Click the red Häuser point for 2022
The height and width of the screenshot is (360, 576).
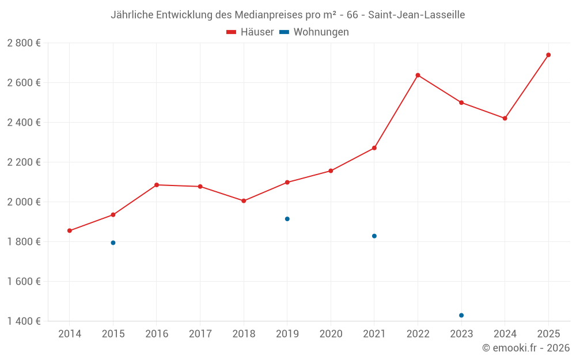pyautogui.click(x=418, y=75)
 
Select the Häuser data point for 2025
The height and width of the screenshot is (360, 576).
pyautogui.click(x=548, y=55)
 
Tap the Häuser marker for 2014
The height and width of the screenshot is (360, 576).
pyautogui.click(x=70, y=231)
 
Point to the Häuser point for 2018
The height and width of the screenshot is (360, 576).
pyautogui.click(x=244, y=201)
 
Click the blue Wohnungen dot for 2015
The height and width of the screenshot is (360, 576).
pyautogui.click(x=113, y=243)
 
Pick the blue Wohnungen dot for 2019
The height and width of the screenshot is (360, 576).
pyautogui.click(x=287, y=219)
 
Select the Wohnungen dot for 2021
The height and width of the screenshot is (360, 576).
pyautogui.click(x=374, y=236)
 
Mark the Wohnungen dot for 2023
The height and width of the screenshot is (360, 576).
pyautogui.click(x=461, y=316)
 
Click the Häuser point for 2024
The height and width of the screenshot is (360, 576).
pyautogui.click(x=505, y=119)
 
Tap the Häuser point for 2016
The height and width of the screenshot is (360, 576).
pyautogui.click(x=157, y=185)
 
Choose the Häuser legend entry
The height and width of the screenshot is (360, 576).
pyautogui.click(x=250, y=32)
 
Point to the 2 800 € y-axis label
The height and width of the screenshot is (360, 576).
pyautogui.click(x=24, y=43)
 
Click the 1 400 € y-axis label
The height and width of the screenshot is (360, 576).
pyautogui.click(x=24, y=321)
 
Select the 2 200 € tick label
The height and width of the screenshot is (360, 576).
pyautogui.click(x=24, y=162)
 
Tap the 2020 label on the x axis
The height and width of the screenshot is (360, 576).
pyautogui.click(x=331, y=334)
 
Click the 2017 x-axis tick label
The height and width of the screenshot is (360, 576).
pyautogui.click(x=200, y=334)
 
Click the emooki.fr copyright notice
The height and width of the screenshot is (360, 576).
pyautogui.click(x=525, y=348)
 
